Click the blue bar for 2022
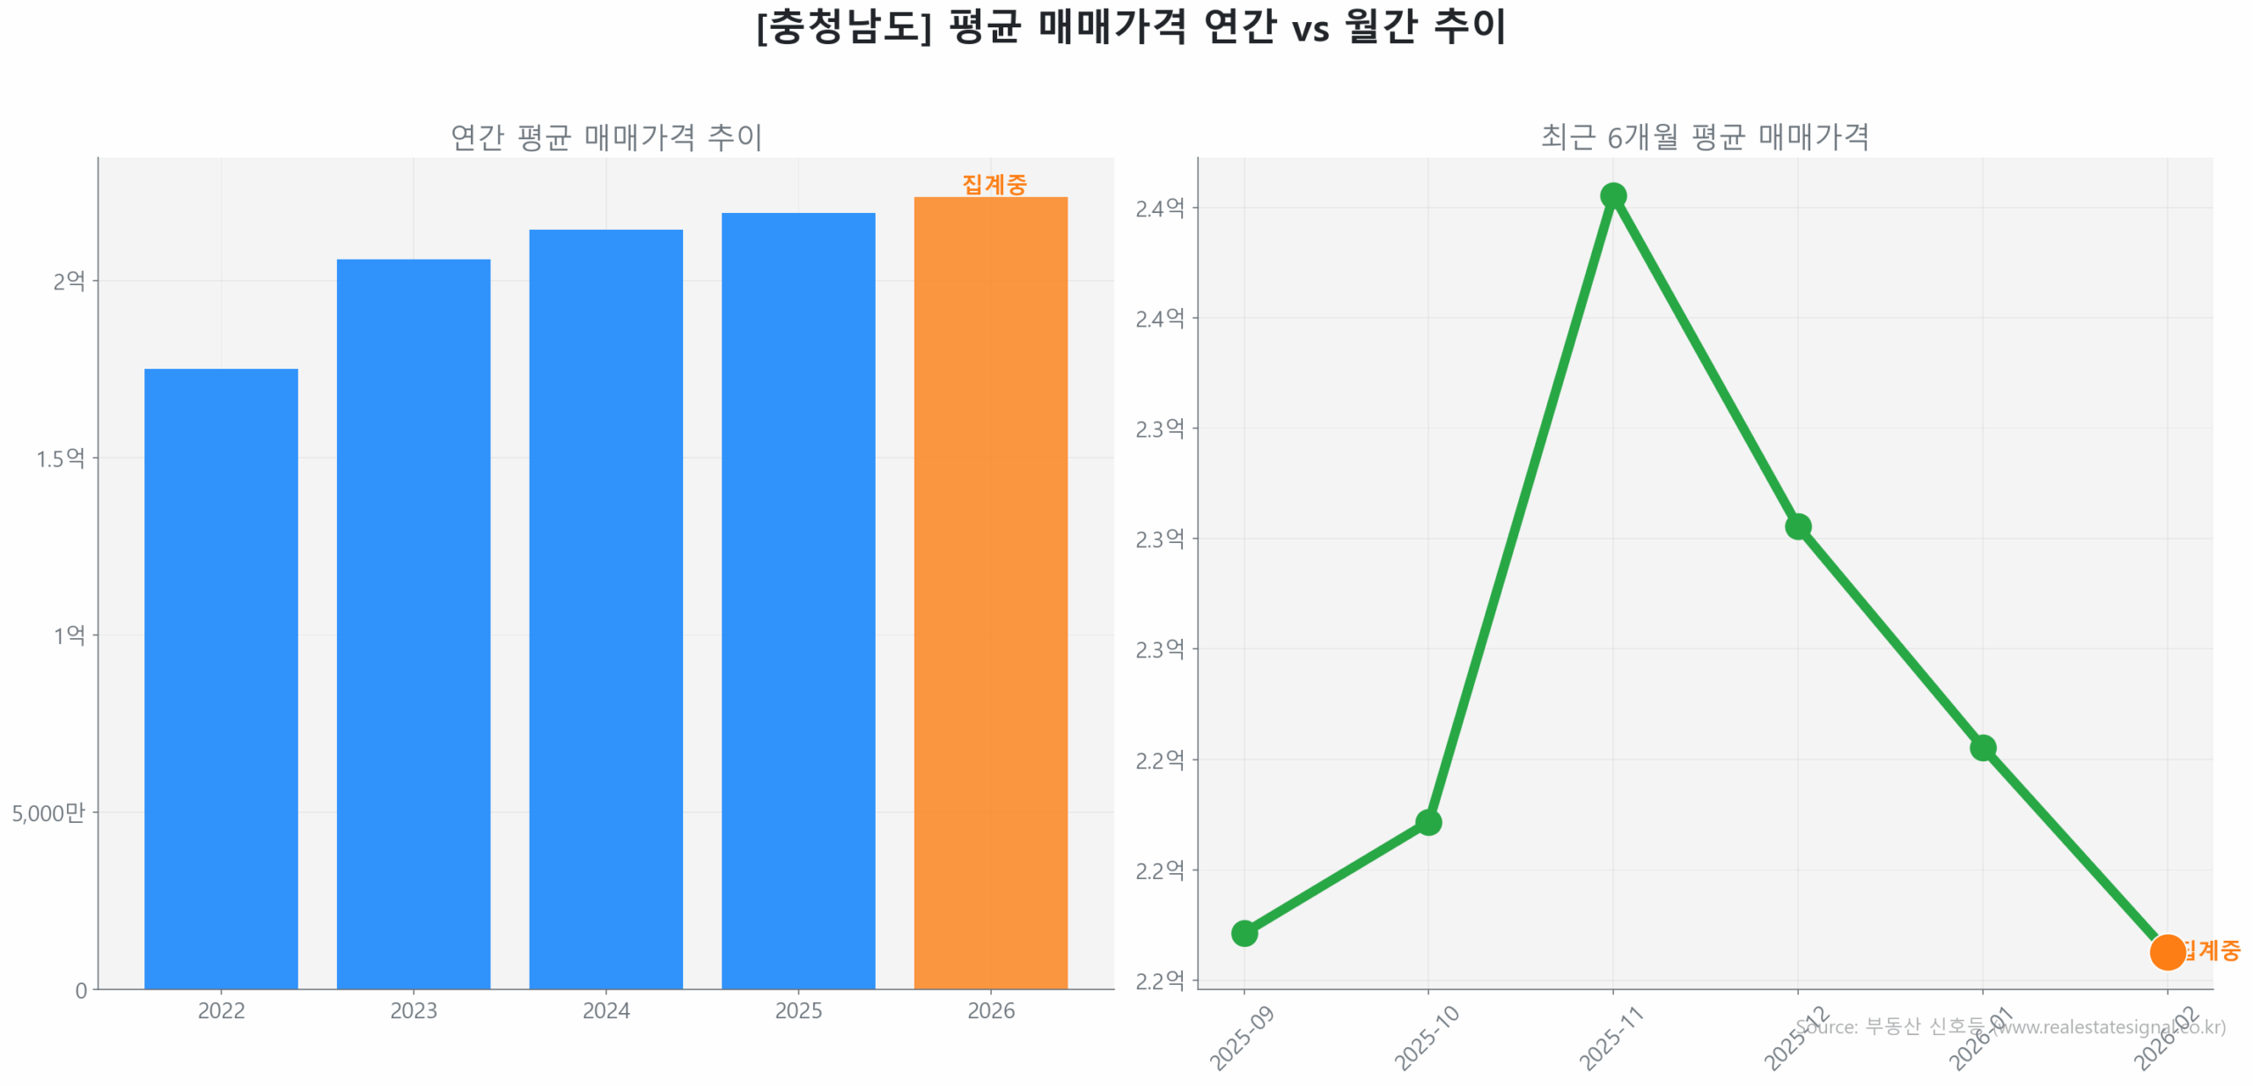point(221,678)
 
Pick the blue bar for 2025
point(797,600)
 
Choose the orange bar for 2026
point(990,592)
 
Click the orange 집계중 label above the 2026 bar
point(994,184)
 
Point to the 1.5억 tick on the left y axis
point(60,459)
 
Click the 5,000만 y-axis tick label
point(48,812)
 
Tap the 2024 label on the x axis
point(605,1010)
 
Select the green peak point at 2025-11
point(1612,195)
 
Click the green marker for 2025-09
point(1244,933)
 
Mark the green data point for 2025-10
point(1427,822)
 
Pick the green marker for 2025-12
point(1797,526)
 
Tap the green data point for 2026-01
point(1982,747)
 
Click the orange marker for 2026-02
point(2166,951)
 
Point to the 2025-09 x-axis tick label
point(1242,1038)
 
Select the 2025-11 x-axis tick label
point(1611,1038)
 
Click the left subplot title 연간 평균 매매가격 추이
point(605,136)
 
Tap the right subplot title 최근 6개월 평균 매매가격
point(1704,136)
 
